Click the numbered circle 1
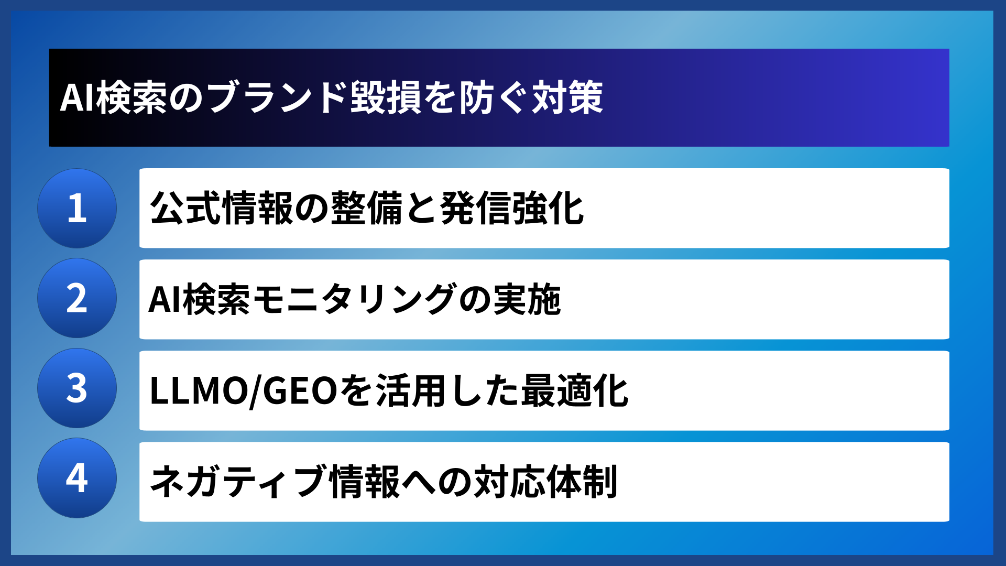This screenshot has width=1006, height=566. click(77, 208)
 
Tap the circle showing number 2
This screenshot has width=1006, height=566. click(77, 298)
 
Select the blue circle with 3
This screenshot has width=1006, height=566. click(77, 388)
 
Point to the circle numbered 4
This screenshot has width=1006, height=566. click(77, 478)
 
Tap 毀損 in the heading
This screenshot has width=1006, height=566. click(386, 98)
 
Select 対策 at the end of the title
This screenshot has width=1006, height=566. click(567, 98)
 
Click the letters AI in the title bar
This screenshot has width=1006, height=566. click(77, 98)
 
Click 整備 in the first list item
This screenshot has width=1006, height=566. click(366, 208)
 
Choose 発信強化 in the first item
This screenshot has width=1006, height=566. click(512, 208)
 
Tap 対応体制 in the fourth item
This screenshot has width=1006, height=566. click(545, 482)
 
